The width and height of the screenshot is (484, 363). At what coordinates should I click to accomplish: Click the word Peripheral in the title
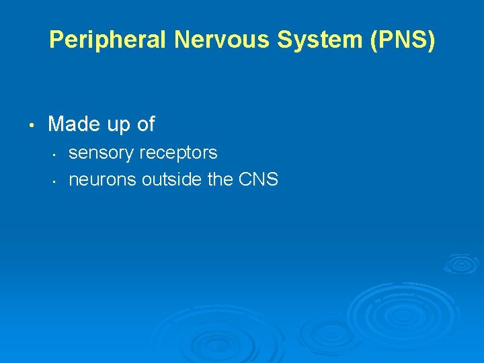tap(108, 40)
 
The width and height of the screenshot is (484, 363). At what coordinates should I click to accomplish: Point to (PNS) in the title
tap(402, 40)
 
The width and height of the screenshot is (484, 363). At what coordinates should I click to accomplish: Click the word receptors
tap(178, 153)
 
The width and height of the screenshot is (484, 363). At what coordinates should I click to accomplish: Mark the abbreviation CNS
tap(259, 179)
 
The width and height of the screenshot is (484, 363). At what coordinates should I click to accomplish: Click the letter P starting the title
tap(56, 40)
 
